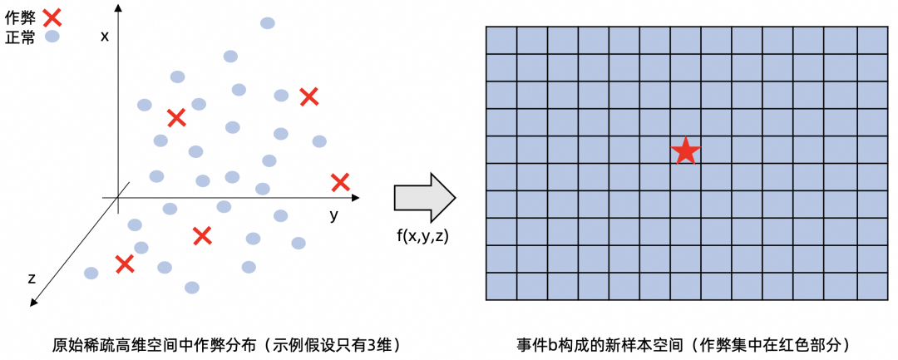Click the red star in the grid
[x=685, y=150]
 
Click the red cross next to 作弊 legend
[x=52, y=15]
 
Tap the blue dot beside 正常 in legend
[x=52, y=37]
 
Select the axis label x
[x=104, y=36]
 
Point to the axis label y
[x=333, y=215]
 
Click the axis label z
[x=32, y=278]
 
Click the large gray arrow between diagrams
[x=424, y=199]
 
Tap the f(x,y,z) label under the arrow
[x=424, y=235]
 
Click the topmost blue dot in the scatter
[x=268, y=22]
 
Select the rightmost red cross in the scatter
[x=339, y=181]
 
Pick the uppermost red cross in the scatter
[x=308, y=96]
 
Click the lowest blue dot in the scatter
[x=192, y=288]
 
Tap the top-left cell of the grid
[x=501, y=40]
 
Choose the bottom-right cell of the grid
[x=872, y=286]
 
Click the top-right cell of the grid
[x=872, y=40]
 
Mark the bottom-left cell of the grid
[x=501, y=286]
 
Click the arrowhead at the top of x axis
[x=119, y=7]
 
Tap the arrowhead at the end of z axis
[x=34, y=302]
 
